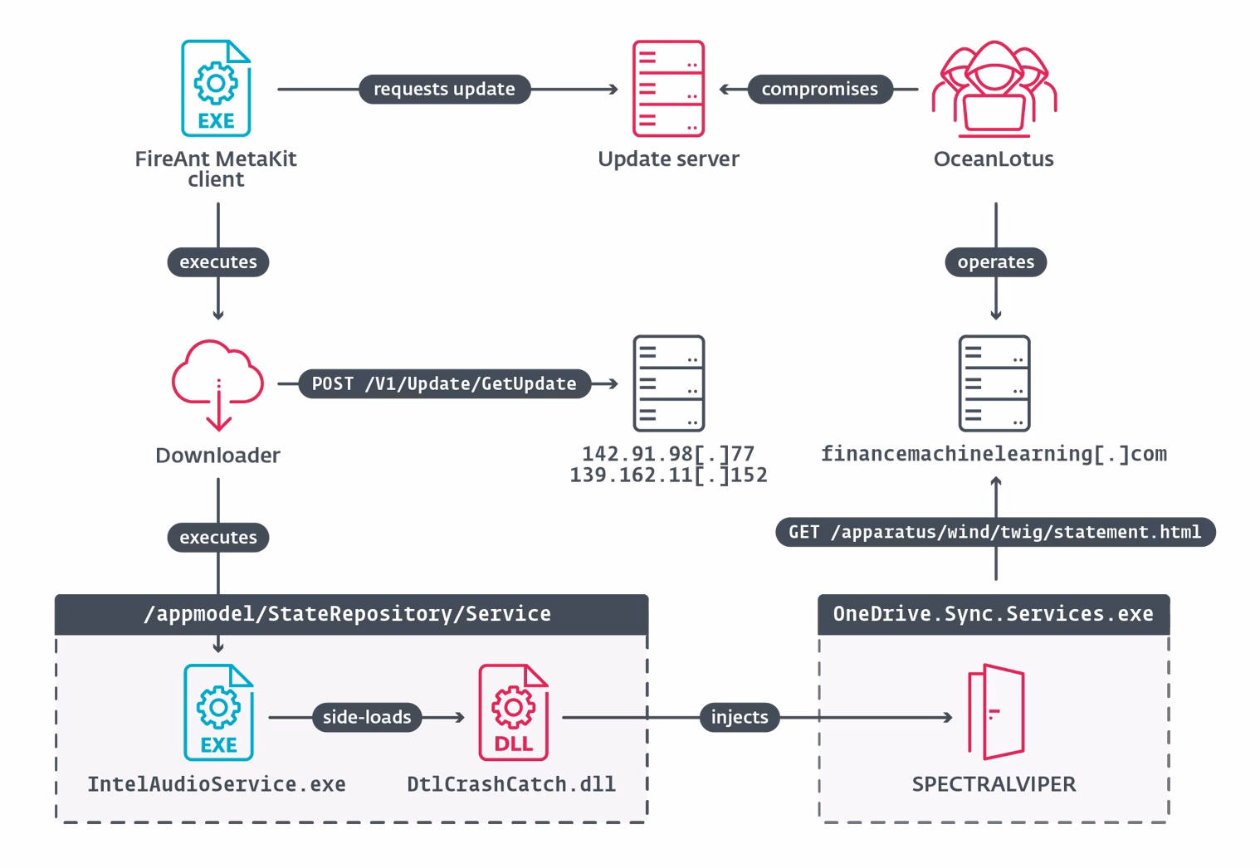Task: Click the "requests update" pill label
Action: [x=444, y=89]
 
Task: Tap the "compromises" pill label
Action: [x=819, y=89]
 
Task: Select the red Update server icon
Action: [x=668, y=88]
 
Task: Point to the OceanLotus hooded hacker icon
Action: [x=994, y=88]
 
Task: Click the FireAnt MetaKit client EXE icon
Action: [x=216, y=88]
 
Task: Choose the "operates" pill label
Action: [x=995, y=262]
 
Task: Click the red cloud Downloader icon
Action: [x=217, y=385]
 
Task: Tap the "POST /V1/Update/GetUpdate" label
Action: [x=444, y=383]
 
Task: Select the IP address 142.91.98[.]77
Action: [x=668, y=453]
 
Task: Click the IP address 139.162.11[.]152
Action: [x=668, y=475]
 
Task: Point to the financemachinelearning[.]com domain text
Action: [x=994, y=454]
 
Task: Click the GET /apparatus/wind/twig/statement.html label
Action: [x=995, y=532]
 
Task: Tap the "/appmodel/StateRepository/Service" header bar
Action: [x=352, y=614]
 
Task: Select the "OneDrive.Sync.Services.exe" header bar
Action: [x=994, y=614]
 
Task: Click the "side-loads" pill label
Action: [x=367, y=717]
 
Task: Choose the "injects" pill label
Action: [x=740, y=717]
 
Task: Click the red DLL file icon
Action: [x=513, y=712]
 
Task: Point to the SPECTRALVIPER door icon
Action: [x=996, y=712]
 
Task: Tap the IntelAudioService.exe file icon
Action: [x=218, y=712]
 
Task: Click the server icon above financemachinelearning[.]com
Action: [x=994, y=383]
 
